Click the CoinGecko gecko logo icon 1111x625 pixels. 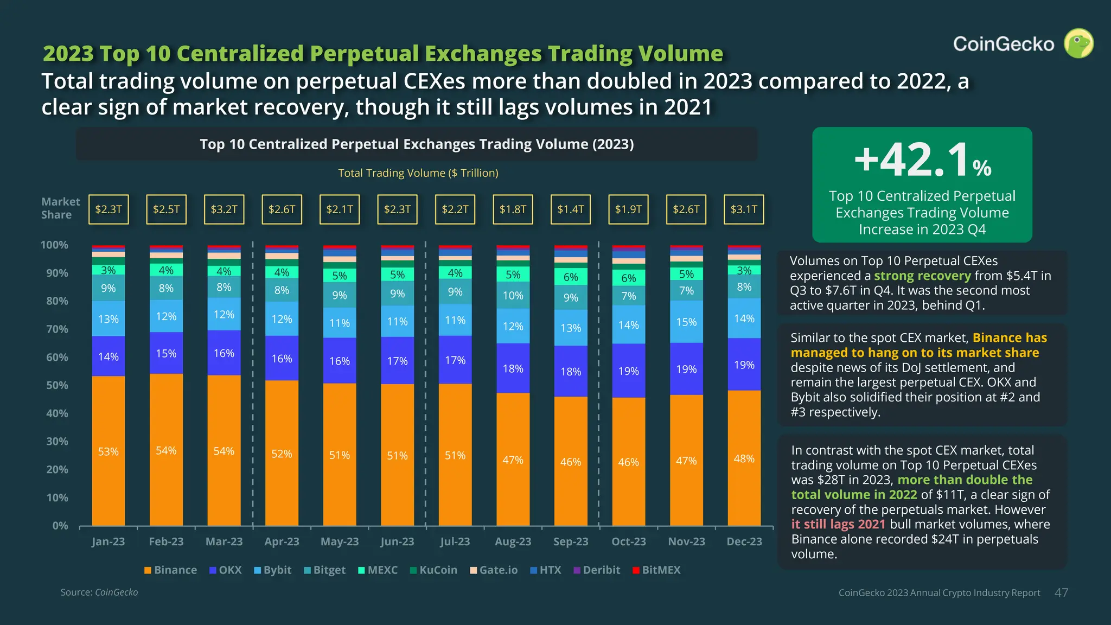(1078, 43)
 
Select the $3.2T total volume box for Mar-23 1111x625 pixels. (224, 209)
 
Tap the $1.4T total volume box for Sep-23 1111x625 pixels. (571, 209)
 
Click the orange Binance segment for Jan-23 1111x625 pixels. (108, 451)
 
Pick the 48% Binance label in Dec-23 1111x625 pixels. (744, 459)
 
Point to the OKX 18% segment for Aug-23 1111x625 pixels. (513, 368)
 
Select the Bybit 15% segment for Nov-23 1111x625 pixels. (687, 322)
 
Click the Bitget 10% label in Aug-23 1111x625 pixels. (513, 296)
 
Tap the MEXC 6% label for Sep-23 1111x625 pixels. (571, 277)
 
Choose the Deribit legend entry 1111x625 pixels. (597, 570)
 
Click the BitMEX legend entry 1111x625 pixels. (656, 570)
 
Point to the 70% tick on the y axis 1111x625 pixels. (58, 329)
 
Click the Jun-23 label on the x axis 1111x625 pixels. (397, 541)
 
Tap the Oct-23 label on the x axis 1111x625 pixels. (629, 541)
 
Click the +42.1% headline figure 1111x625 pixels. (923, 160)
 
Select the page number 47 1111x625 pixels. (1061, 593)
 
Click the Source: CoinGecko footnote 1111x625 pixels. (99, 592)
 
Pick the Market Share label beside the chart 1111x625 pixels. (60, 208)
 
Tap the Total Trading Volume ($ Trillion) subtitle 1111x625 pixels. (418, 173)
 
